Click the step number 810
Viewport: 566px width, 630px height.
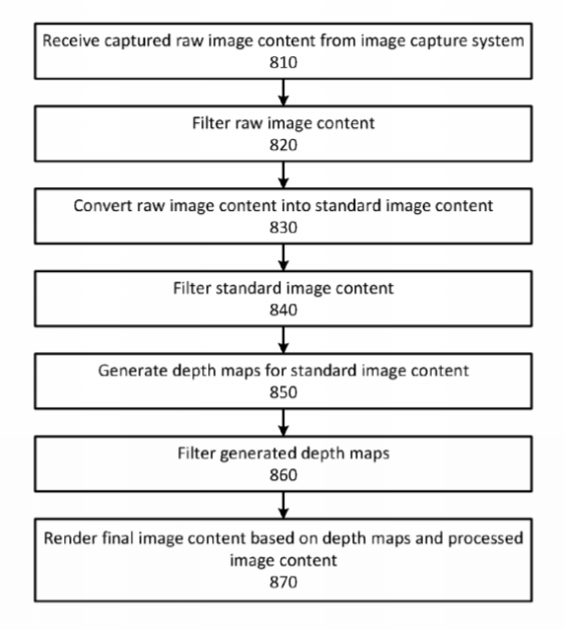[x=283, y=63]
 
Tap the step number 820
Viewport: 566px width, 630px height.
[x=283, y=145]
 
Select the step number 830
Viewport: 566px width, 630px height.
[x=283, y=228]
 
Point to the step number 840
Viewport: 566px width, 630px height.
[x=283, y=311]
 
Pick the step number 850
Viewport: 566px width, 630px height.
[x=283, y=392]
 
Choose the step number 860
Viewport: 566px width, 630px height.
[x=283, y=475]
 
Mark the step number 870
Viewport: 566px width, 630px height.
[x=283, y=583]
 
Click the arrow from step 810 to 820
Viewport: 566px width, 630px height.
[x=283, y=93]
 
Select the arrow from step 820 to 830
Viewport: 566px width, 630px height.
[x=283, y=175]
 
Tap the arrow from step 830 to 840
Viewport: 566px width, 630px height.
[x=283, y=257]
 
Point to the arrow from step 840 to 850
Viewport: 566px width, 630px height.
[x=283, y=340]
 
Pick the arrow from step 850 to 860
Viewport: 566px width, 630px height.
[x=283, y=423]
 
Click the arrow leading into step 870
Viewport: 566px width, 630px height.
[x=283, y=505]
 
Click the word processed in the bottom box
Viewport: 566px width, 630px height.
[x=486, y=539]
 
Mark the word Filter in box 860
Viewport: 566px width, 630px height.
[x=196, y=454]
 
